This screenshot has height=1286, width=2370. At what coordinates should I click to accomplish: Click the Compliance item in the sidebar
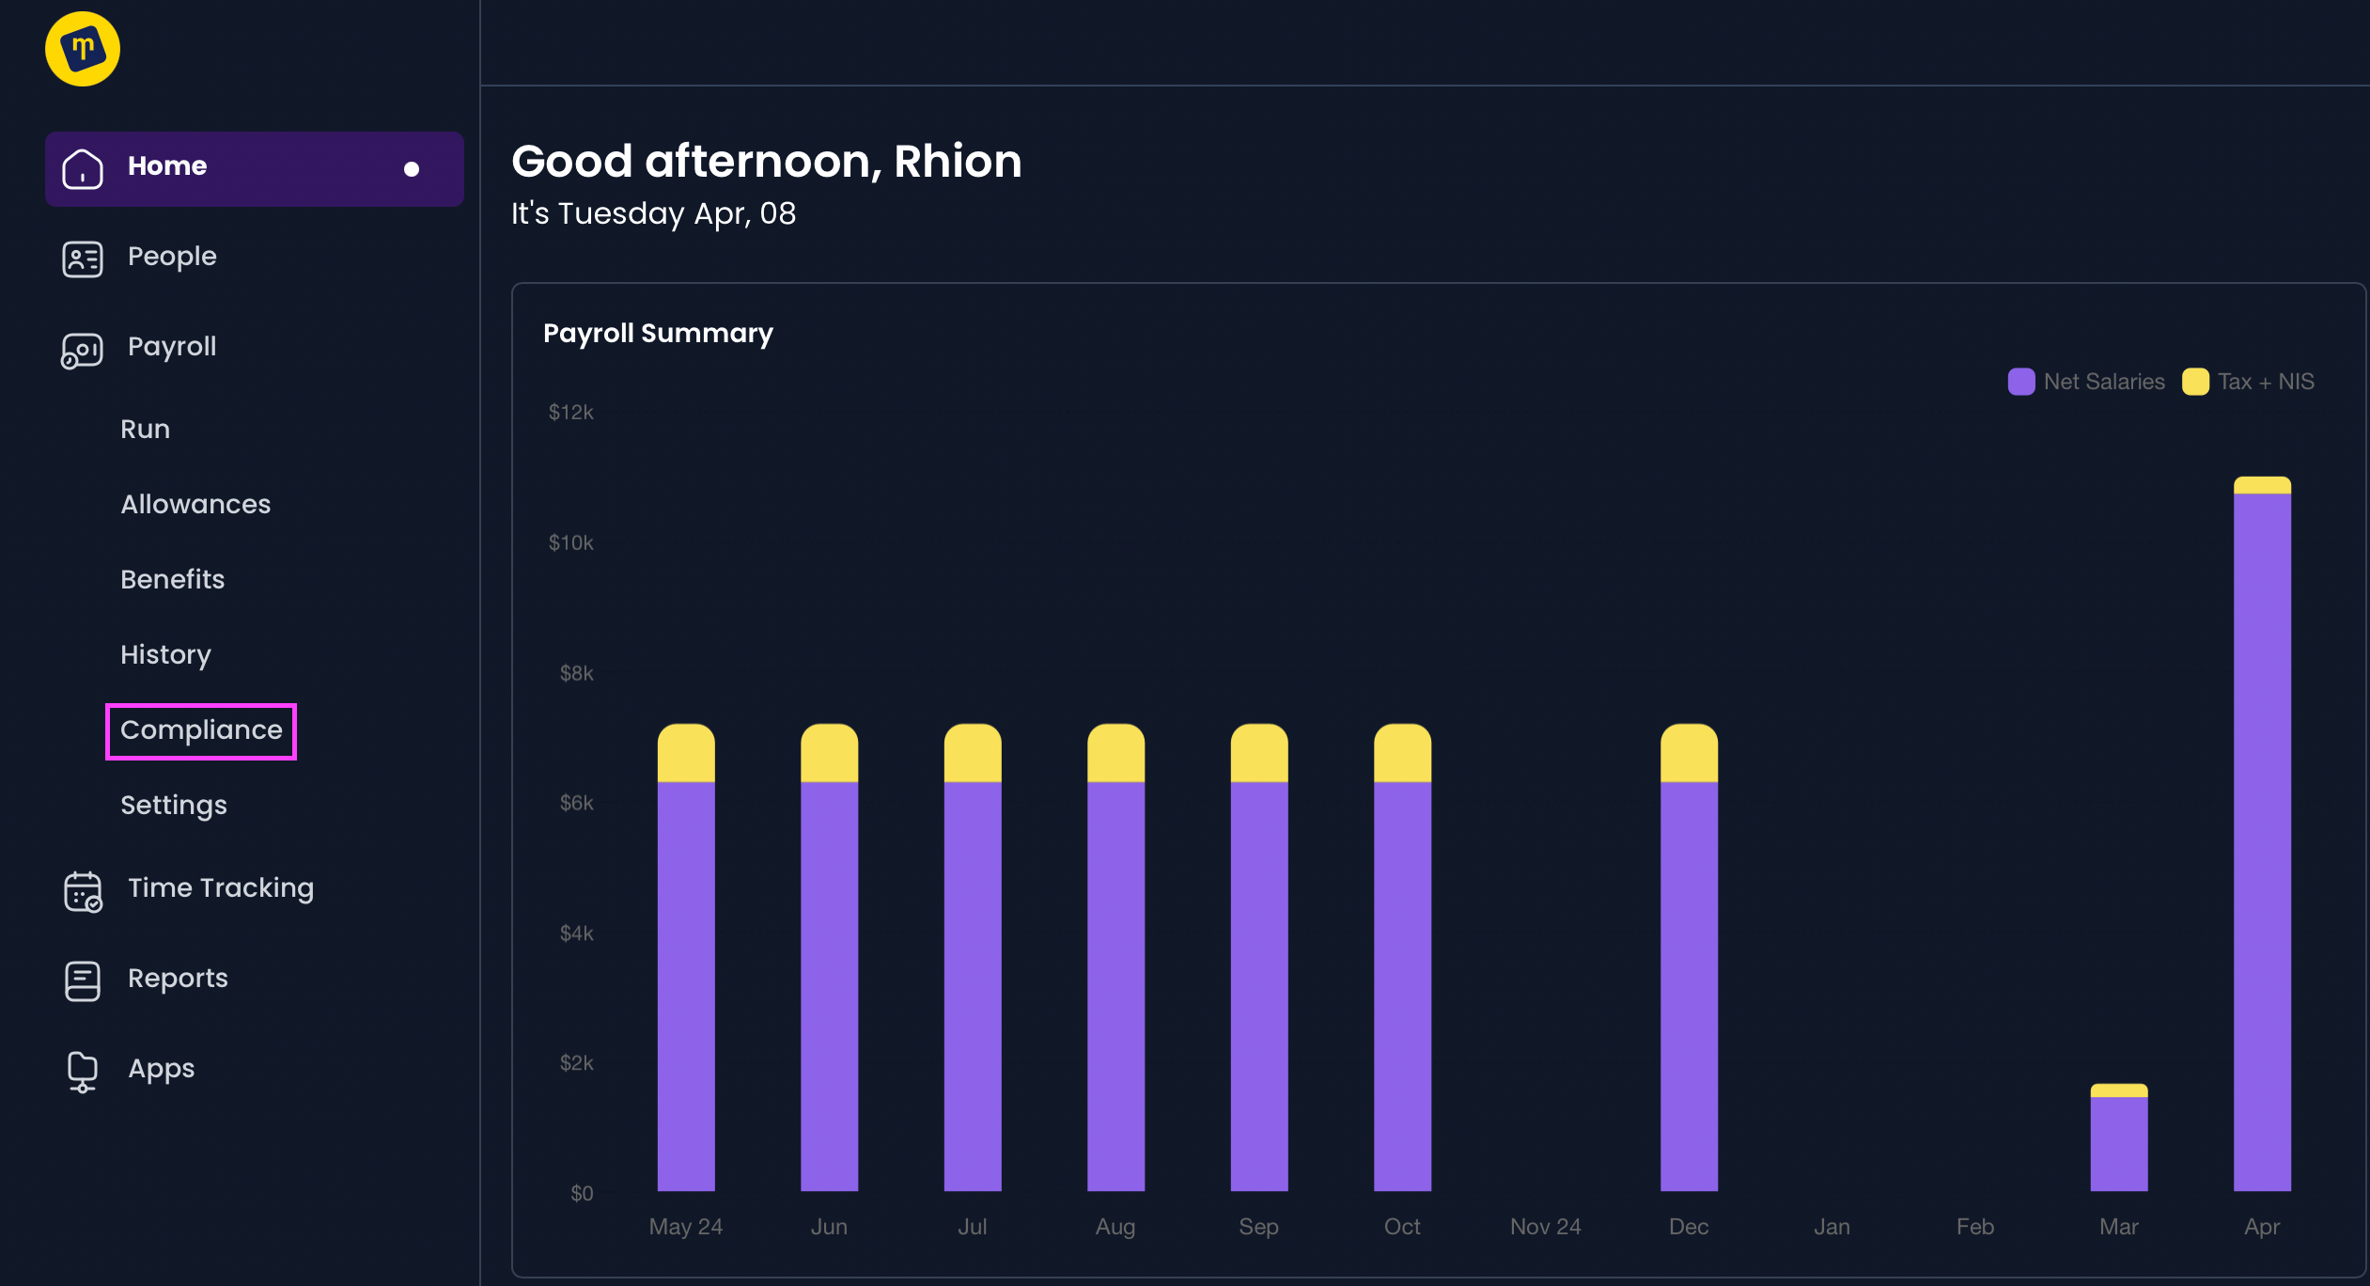(201, 730)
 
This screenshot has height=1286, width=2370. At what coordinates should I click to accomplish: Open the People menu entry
(172, 257)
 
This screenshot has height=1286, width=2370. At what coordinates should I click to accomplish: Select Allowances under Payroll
(195, 505)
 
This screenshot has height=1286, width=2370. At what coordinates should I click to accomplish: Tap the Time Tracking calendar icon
(83, 891)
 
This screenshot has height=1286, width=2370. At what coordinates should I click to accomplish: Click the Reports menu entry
(178, 979)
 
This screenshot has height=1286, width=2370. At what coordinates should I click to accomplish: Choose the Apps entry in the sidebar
(161, 1069)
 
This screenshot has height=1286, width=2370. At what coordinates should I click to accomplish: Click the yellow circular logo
(83, 49)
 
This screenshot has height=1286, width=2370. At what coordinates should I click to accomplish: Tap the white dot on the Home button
(412, 169)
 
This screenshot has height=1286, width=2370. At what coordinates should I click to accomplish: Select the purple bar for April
(2262, 841)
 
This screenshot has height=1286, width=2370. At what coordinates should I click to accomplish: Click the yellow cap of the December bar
(1689, 753)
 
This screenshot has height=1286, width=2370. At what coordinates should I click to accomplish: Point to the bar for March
(2119, 1137)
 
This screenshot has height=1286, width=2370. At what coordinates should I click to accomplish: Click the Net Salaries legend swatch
(2021, 382)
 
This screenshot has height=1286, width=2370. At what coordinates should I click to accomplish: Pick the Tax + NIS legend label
(2266, 382)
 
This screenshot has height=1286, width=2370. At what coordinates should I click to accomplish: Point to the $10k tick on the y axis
(571, 542)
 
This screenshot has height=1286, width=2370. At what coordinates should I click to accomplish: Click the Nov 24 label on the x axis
(1546, 1227)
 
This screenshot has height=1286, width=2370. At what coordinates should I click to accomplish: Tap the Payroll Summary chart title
(659, 334)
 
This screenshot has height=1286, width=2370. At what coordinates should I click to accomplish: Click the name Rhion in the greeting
(958, 162)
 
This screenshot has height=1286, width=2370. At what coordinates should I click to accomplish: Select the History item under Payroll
(165, 655)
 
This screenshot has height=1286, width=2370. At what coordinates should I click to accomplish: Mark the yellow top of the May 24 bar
(686, 753)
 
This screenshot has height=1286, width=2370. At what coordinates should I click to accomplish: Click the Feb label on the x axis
(1975, 1227)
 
